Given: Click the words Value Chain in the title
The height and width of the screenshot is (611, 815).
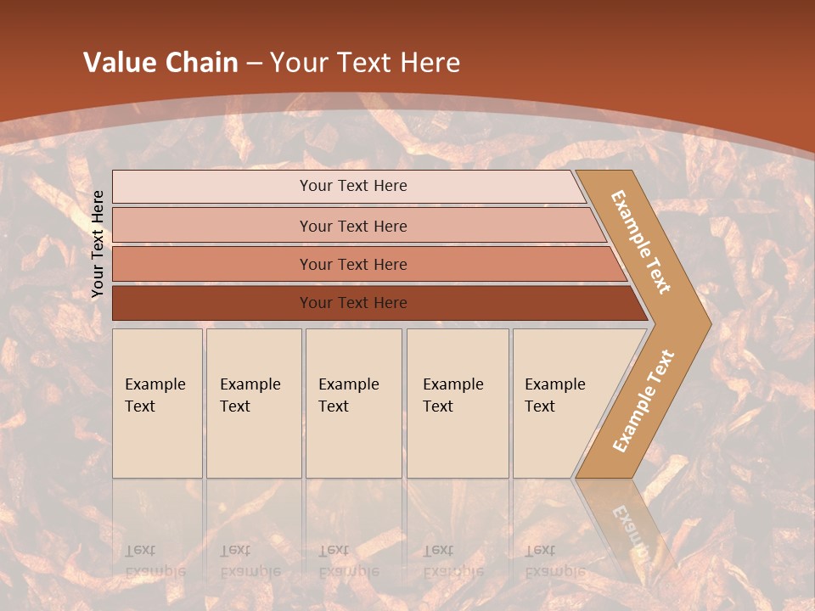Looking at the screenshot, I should click(x=160, y=63).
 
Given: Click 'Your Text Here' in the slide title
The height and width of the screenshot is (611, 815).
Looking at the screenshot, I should click(x=365, y=63).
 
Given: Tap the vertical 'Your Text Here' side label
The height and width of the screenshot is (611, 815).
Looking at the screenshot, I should click(x=98, y=244).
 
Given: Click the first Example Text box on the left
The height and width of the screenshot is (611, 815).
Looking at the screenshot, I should click(x=157, y=403).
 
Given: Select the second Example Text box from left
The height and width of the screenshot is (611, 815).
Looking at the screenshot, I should click(x=253, y=403).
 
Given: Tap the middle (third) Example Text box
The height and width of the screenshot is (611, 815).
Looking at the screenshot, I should click(x=353, y=403).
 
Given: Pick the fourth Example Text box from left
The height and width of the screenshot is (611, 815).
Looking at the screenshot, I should click(x=457, y=403).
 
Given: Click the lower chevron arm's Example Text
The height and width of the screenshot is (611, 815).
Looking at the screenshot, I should click(x=644, y=401).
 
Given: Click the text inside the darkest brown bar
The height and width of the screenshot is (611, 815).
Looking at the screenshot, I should click(x=353, y=303).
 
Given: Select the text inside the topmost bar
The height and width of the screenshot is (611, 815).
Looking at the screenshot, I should click(x=353, y=186).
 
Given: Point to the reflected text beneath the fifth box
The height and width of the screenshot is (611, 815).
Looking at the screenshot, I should click(x=554, y=561).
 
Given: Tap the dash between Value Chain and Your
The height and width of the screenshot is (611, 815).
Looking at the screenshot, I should click(x=254, y=64).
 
